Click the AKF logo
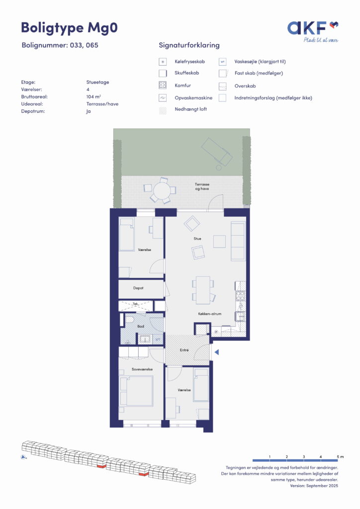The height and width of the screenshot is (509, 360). click(x=313, y=32)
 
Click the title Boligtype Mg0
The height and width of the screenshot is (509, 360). click(x=69, y=27)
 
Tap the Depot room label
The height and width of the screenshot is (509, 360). click(x=138, y=288)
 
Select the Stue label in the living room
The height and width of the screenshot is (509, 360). click(x=197, y=239)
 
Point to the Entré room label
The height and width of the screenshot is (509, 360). click(x=184, y=350)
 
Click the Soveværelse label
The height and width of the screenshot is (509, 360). click(x=142, y=369)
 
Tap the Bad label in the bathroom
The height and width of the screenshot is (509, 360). click(x=141, y=326)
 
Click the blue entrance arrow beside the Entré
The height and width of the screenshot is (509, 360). click(x=216, y=352)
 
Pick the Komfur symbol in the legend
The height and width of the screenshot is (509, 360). click(x=163, y=85)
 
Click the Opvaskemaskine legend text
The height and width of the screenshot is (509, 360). click(x=193, y=98)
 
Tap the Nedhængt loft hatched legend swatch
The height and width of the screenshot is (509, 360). click(x=163, y=109)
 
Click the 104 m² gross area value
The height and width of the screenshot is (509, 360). click(x=93, y=97)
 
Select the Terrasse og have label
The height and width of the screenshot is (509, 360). click(x=202, y=186)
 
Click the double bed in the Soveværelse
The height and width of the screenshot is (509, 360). click(x=139, y=391)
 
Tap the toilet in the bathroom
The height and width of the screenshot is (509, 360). click(x=130, y=319)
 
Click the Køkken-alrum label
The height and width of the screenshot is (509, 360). click(x=210, y=314)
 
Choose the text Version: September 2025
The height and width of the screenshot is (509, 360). click(x=314, y=486)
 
